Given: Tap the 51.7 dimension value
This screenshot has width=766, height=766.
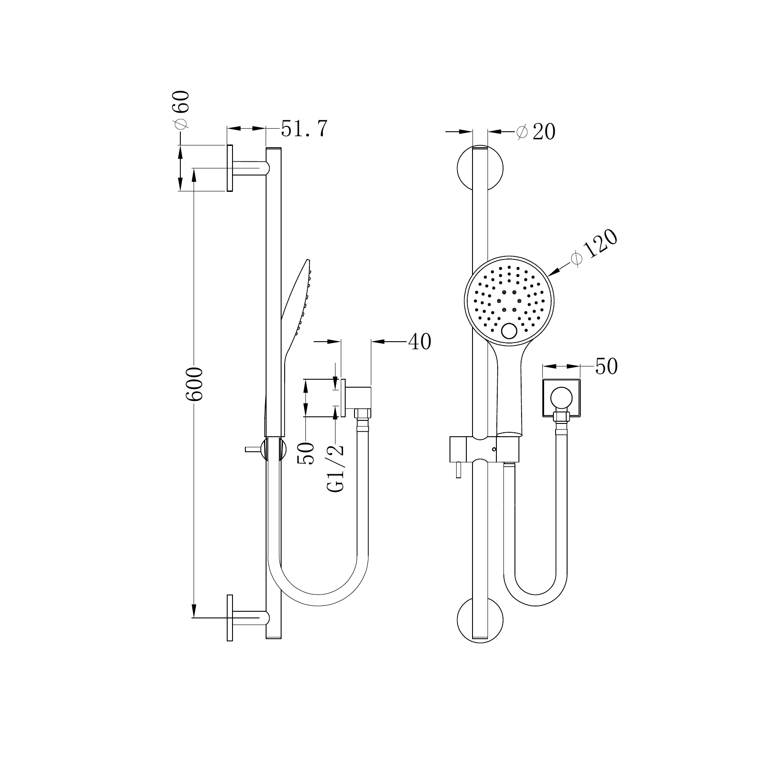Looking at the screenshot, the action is (304, 129).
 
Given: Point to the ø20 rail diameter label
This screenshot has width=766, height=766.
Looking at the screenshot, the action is (536, 132).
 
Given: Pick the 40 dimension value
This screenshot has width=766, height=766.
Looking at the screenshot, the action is (419, 341).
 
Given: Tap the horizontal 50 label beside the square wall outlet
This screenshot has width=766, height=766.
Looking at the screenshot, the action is (606, 366).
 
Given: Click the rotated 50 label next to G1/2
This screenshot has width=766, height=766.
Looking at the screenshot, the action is (306, 453).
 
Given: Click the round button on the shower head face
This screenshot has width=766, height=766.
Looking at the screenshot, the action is (510, 331).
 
